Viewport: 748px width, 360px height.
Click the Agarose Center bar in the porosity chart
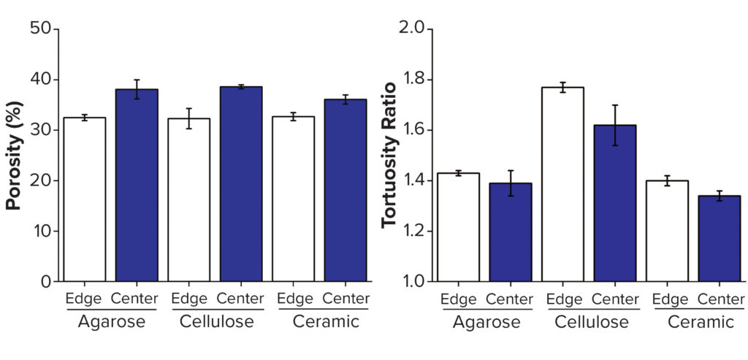137,185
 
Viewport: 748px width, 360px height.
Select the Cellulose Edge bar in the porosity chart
188,200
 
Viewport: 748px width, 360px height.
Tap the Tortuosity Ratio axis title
389,155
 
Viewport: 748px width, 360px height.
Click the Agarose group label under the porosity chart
110,321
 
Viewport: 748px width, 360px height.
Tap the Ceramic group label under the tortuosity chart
692,321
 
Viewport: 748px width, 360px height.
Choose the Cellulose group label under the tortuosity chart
589,321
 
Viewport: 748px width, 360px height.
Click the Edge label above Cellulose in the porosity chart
188,299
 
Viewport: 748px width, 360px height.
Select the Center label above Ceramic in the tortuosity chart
720,299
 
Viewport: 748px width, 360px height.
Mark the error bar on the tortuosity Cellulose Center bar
615,125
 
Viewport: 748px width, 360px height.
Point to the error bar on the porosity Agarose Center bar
137,89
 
